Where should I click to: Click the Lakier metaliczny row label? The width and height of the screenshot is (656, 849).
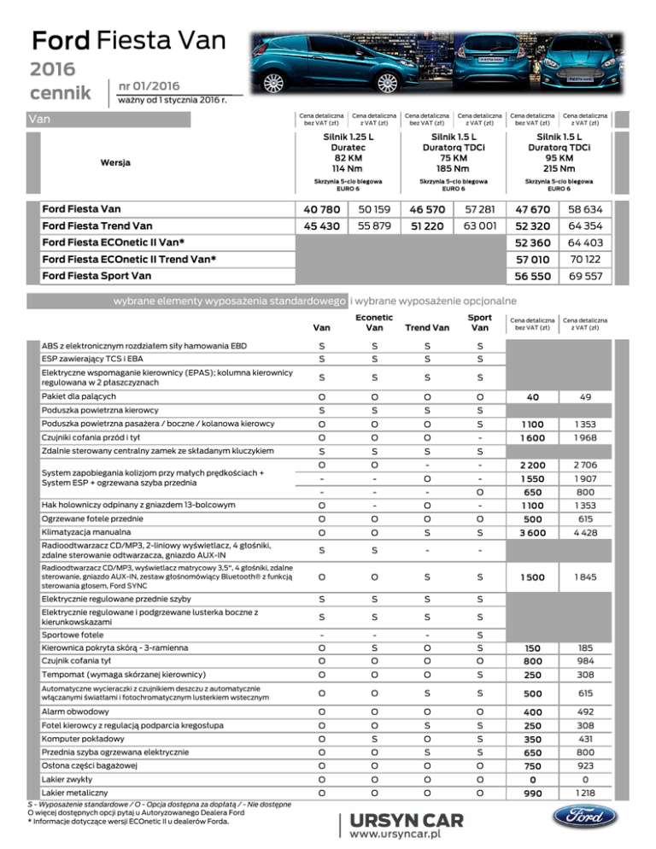(74, 792)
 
